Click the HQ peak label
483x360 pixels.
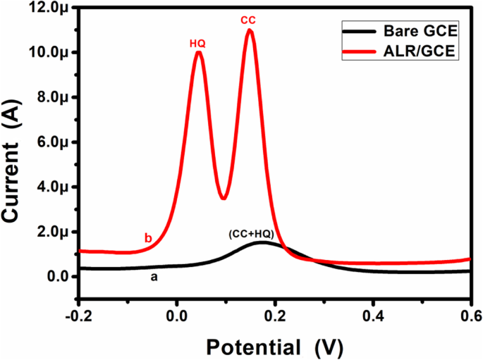pos(197,44)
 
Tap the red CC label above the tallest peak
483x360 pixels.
pos(248,21)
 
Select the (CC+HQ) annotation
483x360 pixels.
pos(251,233)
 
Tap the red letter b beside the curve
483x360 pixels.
pos(148,239)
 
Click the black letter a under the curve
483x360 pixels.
pos(153,278)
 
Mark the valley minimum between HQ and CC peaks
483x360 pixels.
pos(224,198)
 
